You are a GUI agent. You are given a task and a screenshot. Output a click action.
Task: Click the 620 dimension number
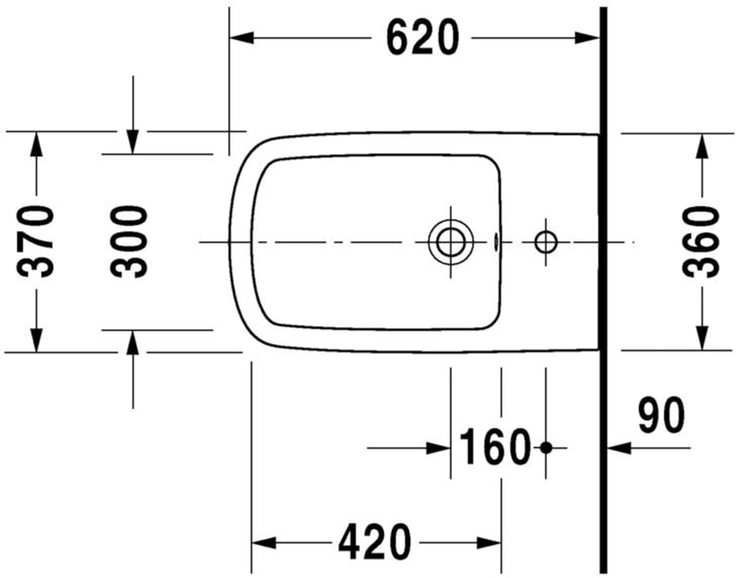pos(422,38)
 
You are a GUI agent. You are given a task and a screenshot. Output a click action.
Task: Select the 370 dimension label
pos(35,241)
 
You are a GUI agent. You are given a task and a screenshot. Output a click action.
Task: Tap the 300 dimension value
pos(129,241)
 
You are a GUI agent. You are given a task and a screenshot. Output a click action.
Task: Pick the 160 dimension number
pos(495,447)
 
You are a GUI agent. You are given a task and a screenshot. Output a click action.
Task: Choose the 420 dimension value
pos(374,542)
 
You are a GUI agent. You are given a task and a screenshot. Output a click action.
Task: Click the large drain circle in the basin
pos(450,242)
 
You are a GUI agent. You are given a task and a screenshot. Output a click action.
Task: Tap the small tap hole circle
pos(546,242)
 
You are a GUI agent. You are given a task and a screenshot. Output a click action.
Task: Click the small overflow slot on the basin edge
pos(496,241)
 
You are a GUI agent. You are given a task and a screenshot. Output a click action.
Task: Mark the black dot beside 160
pos(546,447)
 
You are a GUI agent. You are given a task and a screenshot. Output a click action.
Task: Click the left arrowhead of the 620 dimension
pos(242,38)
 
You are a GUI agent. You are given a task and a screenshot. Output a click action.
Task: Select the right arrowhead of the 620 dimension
pos(587,38)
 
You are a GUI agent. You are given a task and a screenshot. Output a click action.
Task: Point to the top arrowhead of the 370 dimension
pos(36,144)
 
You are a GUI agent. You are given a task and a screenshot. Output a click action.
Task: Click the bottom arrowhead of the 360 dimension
pos(702,339)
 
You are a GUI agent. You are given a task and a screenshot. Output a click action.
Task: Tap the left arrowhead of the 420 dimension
pos(263,543)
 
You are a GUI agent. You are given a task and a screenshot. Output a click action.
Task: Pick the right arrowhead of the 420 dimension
pos(489,543)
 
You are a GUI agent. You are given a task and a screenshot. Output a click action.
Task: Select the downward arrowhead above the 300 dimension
pos(132,142)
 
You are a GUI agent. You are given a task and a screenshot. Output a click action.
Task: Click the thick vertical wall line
pos(603,294)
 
